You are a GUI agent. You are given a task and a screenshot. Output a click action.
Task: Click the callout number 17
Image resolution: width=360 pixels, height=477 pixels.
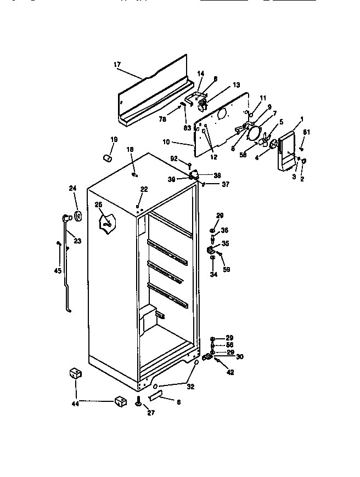[117, 65]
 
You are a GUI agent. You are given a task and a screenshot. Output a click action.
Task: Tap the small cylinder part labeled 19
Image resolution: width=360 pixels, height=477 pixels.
[108, 158]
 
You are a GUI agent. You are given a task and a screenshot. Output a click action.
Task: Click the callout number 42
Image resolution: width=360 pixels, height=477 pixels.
[230, 372]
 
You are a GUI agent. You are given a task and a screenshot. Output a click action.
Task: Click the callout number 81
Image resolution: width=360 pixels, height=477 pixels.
[307, 131]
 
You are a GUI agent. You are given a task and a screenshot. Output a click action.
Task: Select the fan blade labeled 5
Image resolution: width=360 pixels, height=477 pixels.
[267, 140]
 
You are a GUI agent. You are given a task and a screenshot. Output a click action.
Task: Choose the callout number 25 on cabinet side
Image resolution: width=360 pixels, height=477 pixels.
[99, 205]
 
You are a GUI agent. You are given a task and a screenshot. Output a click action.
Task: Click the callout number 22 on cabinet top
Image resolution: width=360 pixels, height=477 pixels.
[144, 189]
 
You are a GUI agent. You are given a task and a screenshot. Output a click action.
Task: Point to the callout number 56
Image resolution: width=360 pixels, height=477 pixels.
[230, 345]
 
